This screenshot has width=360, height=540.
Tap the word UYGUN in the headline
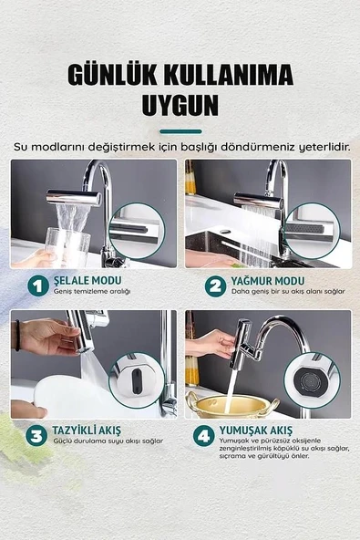[180, 105]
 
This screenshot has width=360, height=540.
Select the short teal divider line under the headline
[180, 131]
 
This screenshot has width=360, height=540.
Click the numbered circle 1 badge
[38, 286]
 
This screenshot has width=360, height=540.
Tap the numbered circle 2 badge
[215, 286]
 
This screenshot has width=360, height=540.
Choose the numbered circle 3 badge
[36, 436]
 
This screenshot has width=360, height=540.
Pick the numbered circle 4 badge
[204, 436]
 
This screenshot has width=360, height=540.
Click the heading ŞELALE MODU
[87, 280]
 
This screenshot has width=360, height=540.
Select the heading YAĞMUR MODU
[268, 281]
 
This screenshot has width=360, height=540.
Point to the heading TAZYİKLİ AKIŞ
[87, 431]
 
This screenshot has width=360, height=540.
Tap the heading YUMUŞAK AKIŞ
[256, 431]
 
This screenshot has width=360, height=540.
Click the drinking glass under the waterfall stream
[67, 247]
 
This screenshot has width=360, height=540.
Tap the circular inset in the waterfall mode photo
[137, 231]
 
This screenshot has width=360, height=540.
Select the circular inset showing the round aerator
[312, 380]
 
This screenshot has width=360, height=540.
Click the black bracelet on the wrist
[17, 335]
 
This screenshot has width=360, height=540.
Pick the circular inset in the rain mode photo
[312, 231]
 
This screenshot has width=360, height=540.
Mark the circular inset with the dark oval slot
[137, 380]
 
